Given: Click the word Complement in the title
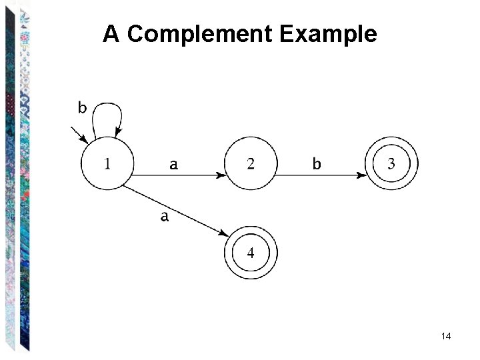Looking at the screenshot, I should (201, 34).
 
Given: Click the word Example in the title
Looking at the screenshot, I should (329, 34).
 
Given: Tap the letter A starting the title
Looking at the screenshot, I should (111, 34).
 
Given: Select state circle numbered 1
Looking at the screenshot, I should (107, 163).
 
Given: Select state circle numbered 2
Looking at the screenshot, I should (250, 163).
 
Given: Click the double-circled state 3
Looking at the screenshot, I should (392, 163).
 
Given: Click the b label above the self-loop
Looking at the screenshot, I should (82, 107).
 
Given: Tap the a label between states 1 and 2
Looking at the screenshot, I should (173, 164).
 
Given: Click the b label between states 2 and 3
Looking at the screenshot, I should (317, 163).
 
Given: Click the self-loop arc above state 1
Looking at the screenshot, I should (107, 107).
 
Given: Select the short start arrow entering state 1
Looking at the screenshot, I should (79, 135).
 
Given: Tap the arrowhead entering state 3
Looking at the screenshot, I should (362, 176).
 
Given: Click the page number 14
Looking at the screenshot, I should (446, 336).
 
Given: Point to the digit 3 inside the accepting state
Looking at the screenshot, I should (392, 163).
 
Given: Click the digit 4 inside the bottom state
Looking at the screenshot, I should (250, 253).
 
